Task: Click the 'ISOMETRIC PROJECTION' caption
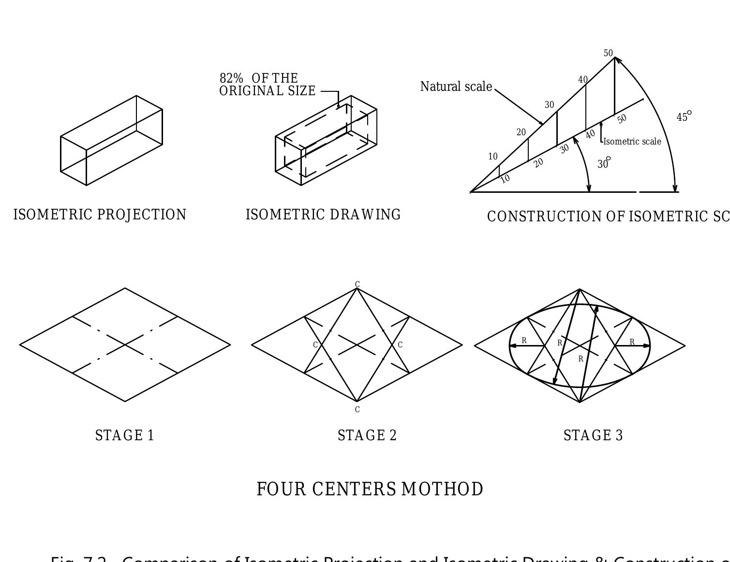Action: pos(100,215)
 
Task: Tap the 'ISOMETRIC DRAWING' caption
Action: pos(323,215)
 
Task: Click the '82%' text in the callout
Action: pos(231,78)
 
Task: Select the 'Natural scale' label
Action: pos(456,87)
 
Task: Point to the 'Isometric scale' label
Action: pos(632,142)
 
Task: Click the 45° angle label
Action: pos(684,117)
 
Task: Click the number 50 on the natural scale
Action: pos(608,53)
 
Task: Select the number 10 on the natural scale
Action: pos(492,157)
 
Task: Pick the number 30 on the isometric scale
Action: pos(564,149)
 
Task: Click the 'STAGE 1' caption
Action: pos(125,436)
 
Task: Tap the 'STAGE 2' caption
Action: pos(367,436)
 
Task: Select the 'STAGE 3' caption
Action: pos(593,436)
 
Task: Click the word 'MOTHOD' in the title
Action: pos(442,490)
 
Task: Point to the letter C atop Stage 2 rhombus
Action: pos(357,284)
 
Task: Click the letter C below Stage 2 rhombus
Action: pos(357,410)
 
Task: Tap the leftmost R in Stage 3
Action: pos(524,341)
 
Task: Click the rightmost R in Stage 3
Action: pos(632,342)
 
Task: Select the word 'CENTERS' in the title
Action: pos(354,490)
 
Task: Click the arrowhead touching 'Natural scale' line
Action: pos(541,122)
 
